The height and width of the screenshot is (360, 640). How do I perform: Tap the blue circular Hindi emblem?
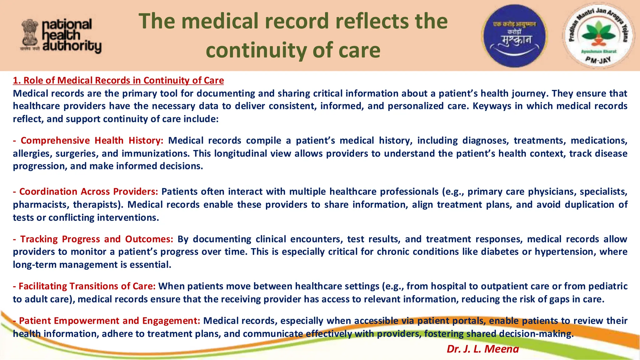pos(514,36)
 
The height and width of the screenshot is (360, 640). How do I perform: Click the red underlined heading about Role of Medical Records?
pos(118,80)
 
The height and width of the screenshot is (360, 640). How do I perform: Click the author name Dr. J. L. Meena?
pos(482,349)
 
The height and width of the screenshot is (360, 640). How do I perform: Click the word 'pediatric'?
pos(608,286)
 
